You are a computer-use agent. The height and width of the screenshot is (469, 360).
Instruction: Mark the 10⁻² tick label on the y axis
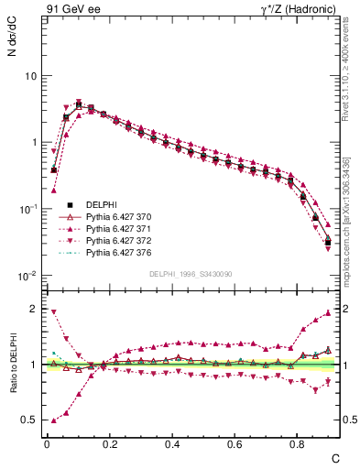tap(27, 276)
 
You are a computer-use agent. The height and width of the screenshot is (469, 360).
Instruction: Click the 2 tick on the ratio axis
tap(33, 309)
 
